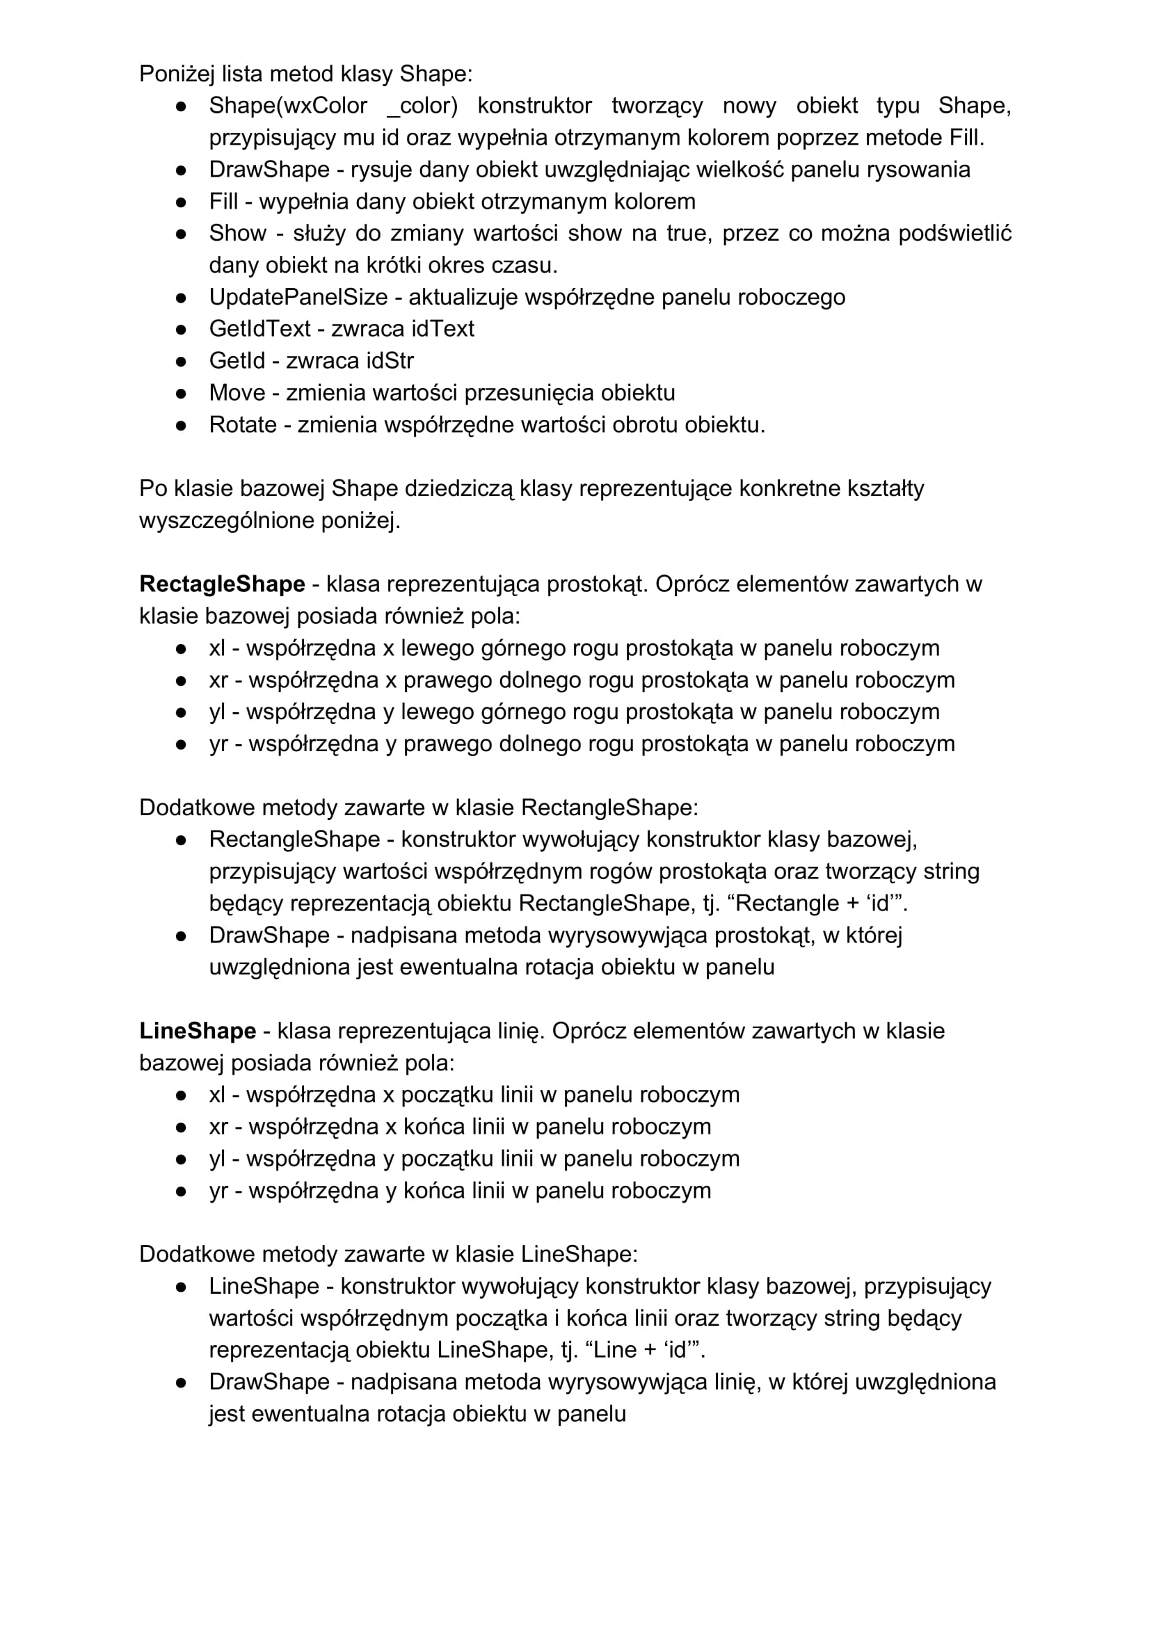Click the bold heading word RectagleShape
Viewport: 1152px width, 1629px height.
pyautogui.click(x=221, y=584)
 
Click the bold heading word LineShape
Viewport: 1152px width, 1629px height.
pyautogui.click(x=198, y=1031)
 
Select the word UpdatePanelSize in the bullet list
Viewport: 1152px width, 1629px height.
pyautogui.click(x=298, y=296)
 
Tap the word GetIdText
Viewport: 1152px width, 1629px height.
pyautogui.click(x=259, y=328)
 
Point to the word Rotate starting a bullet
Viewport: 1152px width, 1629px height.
pyautogui.click(x=243, y=424)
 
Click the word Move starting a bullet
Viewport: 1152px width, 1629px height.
pyautogui.click(x=237, y=392)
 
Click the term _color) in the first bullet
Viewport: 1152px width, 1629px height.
pyautogui.click(x=422, y=106)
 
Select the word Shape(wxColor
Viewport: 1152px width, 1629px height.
pyautogui.click(x=287, y=106)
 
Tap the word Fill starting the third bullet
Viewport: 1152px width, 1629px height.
pyautogui.click(x=223, y=202)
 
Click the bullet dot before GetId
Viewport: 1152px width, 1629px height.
pyautogui.click(x=181, y=361)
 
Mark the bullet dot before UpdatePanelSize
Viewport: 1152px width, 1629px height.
pyautogui.click(x=181, y=297)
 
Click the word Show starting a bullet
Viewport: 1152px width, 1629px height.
pyautogui.click(x=237, y=234)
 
